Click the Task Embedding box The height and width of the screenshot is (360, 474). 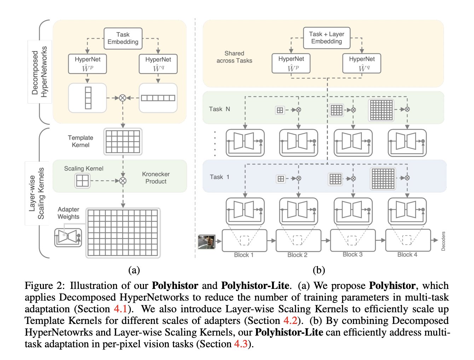tap(123, 38)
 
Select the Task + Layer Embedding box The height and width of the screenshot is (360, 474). tap(326, 38)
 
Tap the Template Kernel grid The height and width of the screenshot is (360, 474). tap(123, 141)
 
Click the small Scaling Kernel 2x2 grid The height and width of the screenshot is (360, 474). tap(82, 181)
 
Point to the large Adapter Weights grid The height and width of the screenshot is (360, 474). tap(123, 232)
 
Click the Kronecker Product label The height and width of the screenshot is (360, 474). tap(156, 178)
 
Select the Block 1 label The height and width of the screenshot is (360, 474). tap(244, 255)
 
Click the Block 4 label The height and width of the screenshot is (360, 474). tap(407, 255)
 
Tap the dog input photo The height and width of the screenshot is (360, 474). tap(207, 242)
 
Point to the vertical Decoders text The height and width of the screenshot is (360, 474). tap(443, 241)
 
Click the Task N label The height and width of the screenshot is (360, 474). tap(219, 109)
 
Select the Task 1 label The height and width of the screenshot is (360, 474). tap(219, 177)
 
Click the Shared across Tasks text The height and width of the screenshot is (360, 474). tap(234, 57)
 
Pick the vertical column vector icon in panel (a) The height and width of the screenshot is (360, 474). tap(88, 98)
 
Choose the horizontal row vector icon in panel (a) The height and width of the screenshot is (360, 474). tap(158, 98)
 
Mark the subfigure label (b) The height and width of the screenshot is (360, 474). tap(319, 270)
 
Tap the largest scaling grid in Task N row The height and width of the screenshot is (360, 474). tap(381, 110)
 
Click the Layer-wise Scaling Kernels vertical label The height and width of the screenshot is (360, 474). tap(37, 193)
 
